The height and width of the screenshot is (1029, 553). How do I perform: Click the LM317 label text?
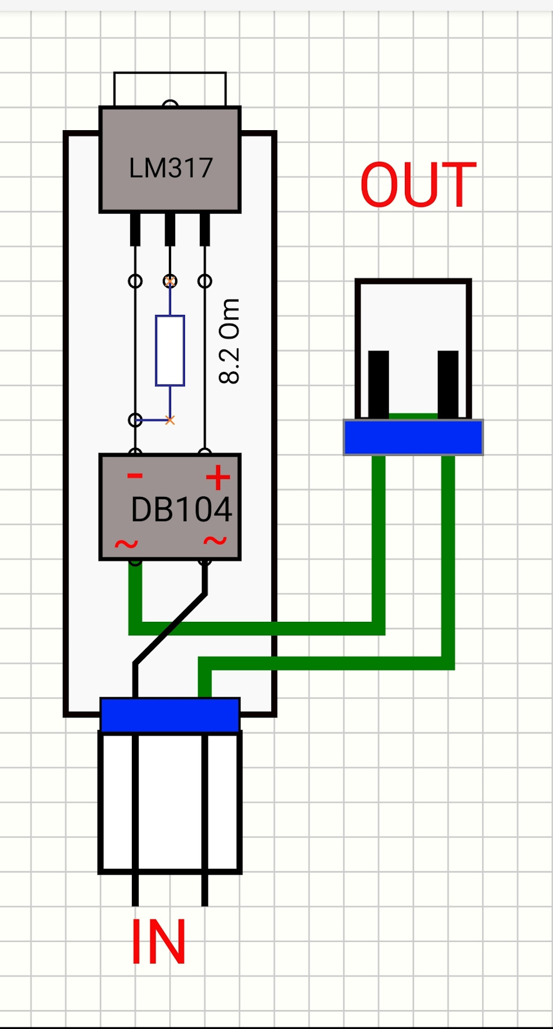pos(171,168)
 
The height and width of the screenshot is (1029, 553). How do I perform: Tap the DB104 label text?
pos(181,510)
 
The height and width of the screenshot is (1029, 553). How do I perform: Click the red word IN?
pos(158,941)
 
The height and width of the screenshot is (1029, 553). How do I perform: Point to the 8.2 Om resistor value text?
pos(229,341)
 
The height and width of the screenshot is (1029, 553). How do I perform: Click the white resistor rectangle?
pos(170,350)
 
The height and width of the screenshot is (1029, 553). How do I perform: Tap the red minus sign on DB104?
pos(135,476)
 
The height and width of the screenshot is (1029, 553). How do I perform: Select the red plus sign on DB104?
pos(218,477)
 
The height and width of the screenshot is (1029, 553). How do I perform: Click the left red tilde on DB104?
pos(126,544)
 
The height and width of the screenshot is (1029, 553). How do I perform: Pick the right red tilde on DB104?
pos(215,541)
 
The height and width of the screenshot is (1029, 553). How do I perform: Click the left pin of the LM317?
pos(135,229)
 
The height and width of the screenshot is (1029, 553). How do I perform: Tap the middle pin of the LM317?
pos(170,229)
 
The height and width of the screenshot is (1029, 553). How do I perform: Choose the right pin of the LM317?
pos(204,229)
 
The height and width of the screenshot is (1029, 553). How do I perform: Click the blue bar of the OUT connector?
pos(413,438)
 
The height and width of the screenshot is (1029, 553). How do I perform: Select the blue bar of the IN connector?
pos(170,715)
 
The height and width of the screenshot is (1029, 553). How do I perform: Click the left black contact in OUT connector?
pos(378,384)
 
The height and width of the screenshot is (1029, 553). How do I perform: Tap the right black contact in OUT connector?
pos(448,384)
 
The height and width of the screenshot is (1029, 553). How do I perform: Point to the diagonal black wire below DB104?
pos(170,629)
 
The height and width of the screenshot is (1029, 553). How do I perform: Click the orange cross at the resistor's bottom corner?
pos(170,420)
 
